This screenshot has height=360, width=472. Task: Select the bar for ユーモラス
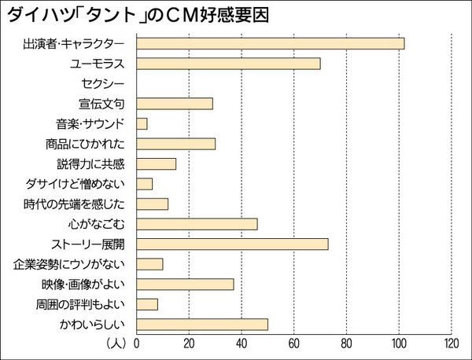228,64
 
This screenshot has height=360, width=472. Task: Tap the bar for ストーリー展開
232,244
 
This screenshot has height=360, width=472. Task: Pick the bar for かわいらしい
202,324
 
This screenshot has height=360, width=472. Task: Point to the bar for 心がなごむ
197,224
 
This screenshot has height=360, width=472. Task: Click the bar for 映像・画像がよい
185,284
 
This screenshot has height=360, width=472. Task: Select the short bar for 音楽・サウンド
142,123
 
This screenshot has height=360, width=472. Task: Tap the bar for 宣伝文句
175,104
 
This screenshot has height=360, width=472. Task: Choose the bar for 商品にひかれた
175,144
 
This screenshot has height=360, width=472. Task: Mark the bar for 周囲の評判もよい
147,304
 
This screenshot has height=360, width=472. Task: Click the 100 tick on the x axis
399,344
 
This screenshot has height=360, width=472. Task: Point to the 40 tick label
242,344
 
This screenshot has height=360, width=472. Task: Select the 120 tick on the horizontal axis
451,344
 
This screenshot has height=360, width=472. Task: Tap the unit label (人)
116,344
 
